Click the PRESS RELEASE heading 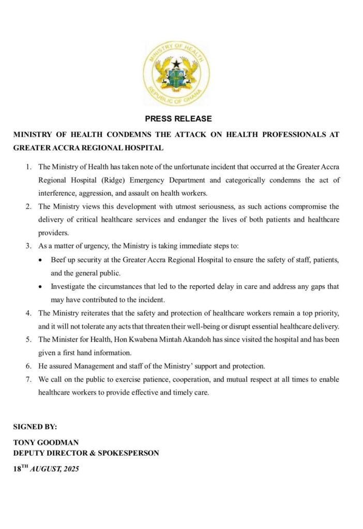point(178,119)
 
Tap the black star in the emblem point(177,64)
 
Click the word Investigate point(69,286)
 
